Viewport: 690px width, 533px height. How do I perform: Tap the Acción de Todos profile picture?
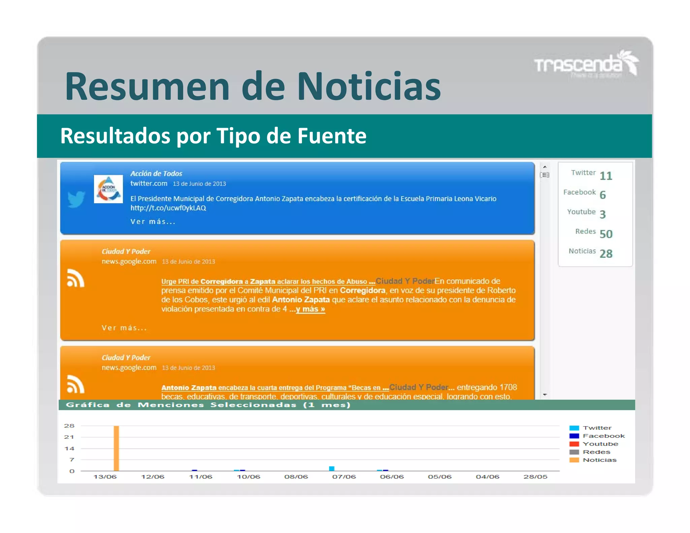108,189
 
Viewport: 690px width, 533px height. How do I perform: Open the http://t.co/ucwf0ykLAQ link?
168,208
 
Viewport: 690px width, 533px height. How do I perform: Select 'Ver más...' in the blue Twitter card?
153,222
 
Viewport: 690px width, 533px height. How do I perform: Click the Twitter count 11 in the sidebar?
605,176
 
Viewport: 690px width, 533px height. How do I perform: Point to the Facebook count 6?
602,195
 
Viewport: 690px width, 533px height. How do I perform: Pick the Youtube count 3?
602,214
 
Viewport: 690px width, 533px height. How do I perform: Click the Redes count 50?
606,234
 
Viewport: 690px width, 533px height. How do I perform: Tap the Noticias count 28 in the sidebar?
606,253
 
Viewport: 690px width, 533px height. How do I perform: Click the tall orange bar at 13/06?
116,448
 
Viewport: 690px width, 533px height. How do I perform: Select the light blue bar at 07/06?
332,468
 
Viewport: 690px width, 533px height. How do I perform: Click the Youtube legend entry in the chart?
600,444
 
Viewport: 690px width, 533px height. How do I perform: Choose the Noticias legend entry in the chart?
599,460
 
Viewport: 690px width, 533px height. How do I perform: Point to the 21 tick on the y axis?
69,437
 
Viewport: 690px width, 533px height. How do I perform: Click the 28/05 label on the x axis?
535,477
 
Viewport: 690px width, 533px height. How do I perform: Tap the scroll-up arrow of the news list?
545,167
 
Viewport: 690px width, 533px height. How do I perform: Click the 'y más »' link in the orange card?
310,309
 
